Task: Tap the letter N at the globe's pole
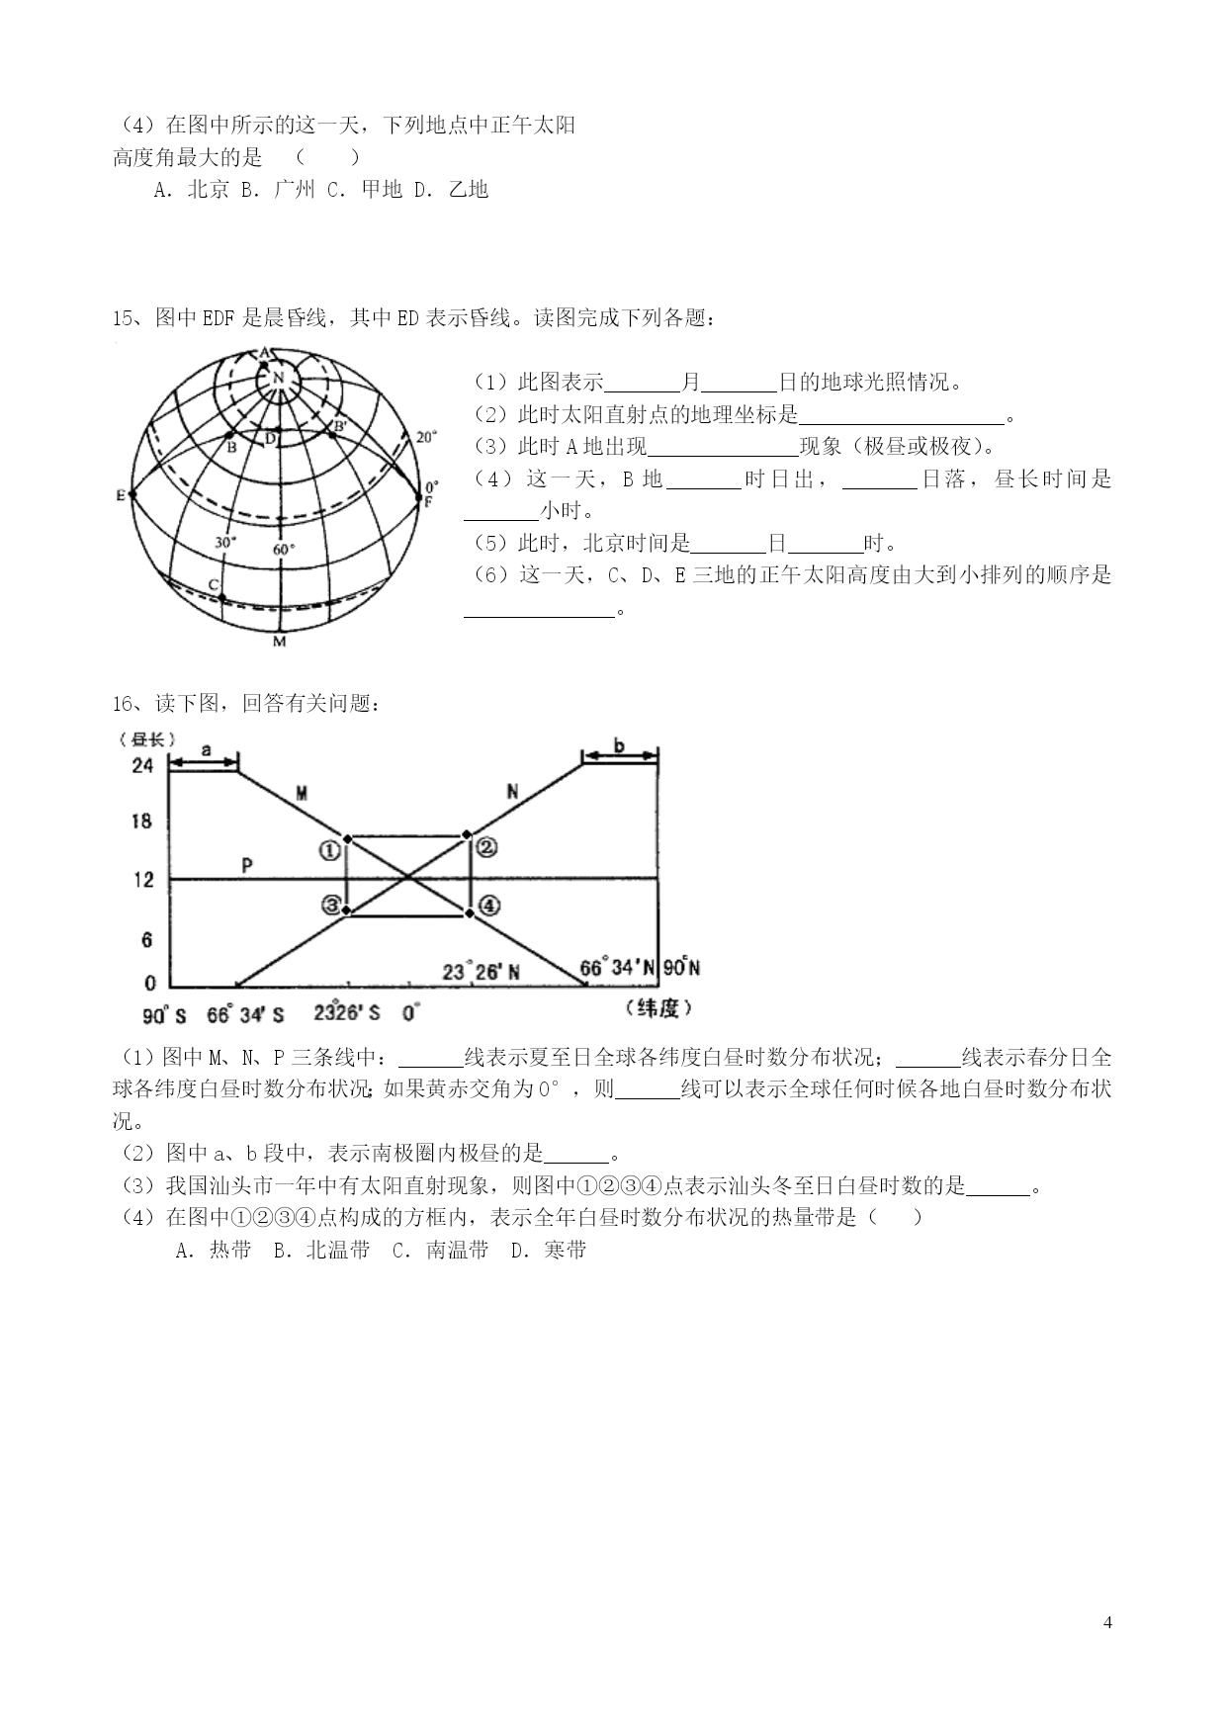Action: click(x=278, y=377)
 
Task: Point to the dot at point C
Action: click(x=222, y=597)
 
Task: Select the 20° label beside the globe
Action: click(x=425, y=436)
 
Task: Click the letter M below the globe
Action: click(x=279, y=642)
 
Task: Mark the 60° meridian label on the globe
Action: click(x=284, y=549)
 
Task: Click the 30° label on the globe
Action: click(x=224, y=543)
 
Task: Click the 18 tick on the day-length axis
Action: click(x=142, y=821)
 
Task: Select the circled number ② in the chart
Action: click(x=486, y=847)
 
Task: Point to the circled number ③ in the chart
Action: click(x=330, y=906)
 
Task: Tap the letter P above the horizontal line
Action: click(x=247, y=866)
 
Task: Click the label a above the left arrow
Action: click(x=206, y=750)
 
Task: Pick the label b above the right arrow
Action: click(x=619, y=745)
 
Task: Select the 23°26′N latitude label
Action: click(x=482, y=972)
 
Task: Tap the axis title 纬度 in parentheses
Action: click(x=658, y=1007)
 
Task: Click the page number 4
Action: click(x=1107, y=1622)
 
